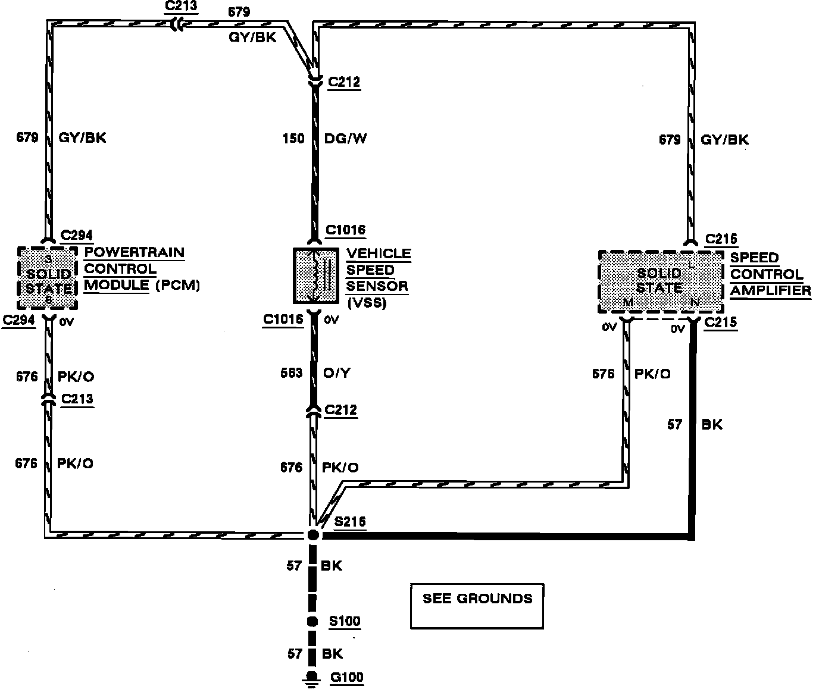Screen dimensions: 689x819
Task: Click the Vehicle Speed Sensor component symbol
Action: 315,275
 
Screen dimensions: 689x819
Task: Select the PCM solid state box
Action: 48,278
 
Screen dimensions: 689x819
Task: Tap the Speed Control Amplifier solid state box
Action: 660,281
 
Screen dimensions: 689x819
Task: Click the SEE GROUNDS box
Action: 477,606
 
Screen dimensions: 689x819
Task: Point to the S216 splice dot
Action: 313,535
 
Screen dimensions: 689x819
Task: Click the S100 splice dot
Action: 312,622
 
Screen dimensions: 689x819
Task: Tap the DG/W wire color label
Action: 346,139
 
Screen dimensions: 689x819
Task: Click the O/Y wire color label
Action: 337,373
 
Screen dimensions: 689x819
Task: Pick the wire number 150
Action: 293,139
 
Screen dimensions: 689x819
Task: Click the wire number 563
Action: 292,373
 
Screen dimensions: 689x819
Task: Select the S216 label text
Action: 350,522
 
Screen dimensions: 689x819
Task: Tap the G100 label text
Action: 347,677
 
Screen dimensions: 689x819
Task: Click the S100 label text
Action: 345,622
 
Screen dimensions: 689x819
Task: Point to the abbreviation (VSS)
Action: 367,303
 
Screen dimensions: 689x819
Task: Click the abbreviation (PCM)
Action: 177,285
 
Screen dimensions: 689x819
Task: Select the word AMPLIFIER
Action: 770,290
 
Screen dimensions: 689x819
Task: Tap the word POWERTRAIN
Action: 134,252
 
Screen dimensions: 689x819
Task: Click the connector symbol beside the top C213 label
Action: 177,24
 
